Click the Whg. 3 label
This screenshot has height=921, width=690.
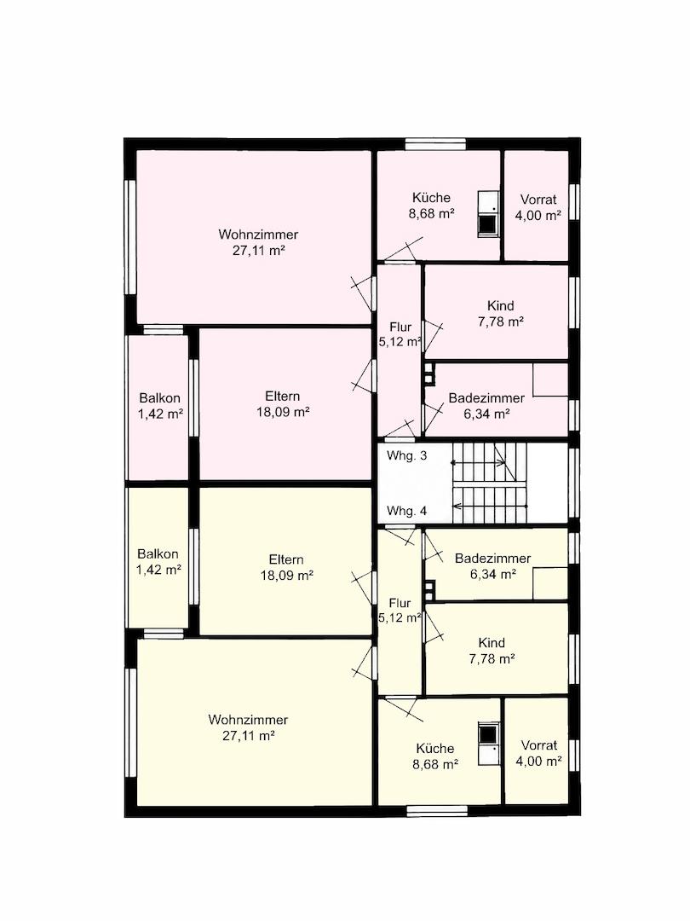(406, 455)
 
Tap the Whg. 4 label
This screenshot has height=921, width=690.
(406, 511)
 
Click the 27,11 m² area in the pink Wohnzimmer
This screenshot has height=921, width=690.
(259, 251)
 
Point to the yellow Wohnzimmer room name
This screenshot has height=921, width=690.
(248, 720)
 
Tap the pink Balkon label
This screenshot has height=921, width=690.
(159, 397)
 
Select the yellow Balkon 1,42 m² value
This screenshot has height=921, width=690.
(158, 569)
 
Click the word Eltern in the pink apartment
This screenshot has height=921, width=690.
(283, 396)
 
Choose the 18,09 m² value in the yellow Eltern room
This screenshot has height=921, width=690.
(287, 575)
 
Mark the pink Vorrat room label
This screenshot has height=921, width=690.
(538, 199)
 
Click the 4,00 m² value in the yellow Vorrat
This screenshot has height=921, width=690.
(538, 762)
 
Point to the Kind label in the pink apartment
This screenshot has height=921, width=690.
(501, 305)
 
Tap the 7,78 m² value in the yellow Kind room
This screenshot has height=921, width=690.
(492, 659)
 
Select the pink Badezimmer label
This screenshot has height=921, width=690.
(486, 397)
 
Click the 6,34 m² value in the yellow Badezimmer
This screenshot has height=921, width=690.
(493, 575)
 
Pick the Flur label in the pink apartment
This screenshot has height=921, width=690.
(400, 327)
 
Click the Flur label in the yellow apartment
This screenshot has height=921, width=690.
(400, 603)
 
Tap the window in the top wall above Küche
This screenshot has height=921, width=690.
(436, 144)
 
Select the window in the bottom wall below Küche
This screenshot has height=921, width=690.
(436, 811)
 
